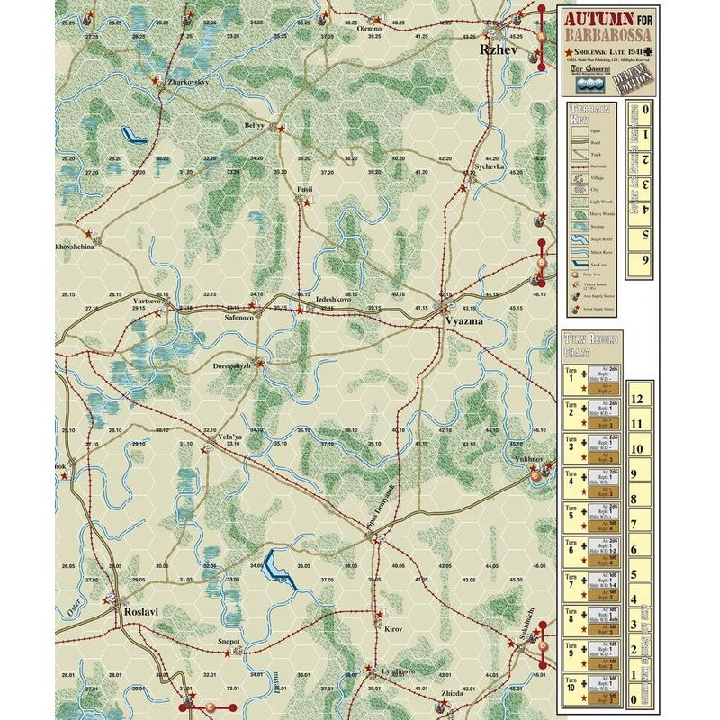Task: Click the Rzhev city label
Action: [499, 51]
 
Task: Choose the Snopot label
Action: [229, 642]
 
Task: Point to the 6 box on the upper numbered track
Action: [643, 260]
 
